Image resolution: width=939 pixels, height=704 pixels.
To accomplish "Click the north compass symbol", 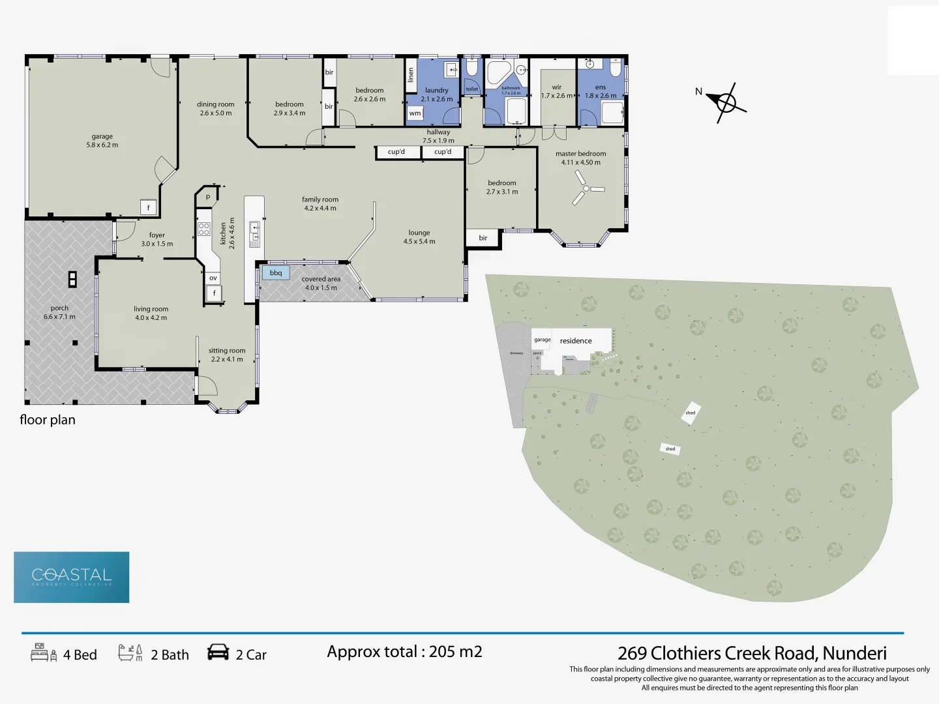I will point(726,103).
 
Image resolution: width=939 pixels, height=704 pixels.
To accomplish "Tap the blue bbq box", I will point(276,272).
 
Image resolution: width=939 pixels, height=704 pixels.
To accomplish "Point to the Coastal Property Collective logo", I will point(72,577).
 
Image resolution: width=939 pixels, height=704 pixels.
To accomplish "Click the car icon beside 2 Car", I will point(218,653).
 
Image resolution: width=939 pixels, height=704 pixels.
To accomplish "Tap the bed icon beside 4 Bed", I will point(44,653).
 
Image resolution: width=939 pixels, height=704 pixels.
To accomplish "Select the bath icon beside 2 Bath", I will point(130,653).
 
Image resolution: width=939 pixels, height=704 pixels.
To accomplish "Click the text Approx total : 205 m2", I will point(404,652).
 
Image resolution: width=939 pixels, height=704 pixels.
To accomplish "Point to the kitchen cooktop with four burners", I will point(204,228).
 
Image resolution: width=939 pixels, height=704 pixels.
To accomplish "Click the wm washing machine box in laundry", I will point(415,113).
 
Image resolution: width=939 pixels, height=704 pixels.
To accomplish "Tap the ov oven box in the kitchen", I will point(213,278).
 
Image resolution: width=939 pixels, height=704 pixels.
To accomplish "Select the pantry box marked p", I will point(208,196).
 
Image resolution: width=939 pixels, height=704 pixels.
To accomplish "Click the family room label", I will point(320,199).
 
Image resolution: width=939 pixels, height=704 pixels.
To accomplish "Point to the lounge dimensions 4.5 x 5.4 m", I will point(419,241).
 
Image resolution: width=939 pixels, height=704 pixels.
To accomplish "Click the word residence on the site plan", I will point(576,341).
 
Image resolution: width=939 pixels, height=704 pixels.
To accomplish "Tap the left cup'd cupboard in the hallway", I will point(396,152).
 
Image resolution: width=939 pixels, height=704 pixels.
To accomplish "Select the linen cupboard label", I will point(411,75).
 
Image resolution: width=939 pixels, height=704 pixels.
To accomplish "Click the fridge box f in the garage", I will point(149,208).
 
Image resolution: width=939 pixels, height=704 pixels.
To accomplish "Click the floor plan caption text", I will point(48,420).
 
